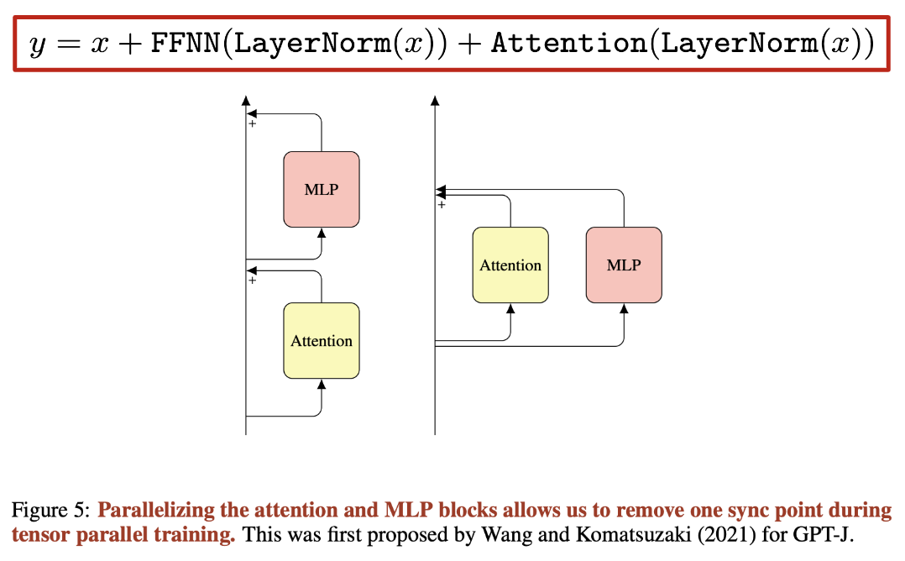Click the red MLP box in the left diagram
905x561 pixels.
[x=322, y=189]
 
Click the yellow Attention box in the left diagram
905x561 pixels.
[x=322, y=341]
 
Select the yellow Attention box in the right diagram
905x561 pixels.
[x=510, y=265]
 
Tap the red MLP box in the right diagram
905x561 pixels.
[x=624, y=265]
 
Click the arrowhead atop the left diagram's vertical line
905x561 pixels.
[x=246, y=100]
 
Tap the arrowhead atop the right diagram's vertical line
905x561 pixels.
[x=435, y=100]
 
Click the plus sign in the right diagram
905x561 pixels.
[x=442, y=204]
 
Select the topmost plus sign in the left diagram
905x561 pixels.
[x=252, y=124]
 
